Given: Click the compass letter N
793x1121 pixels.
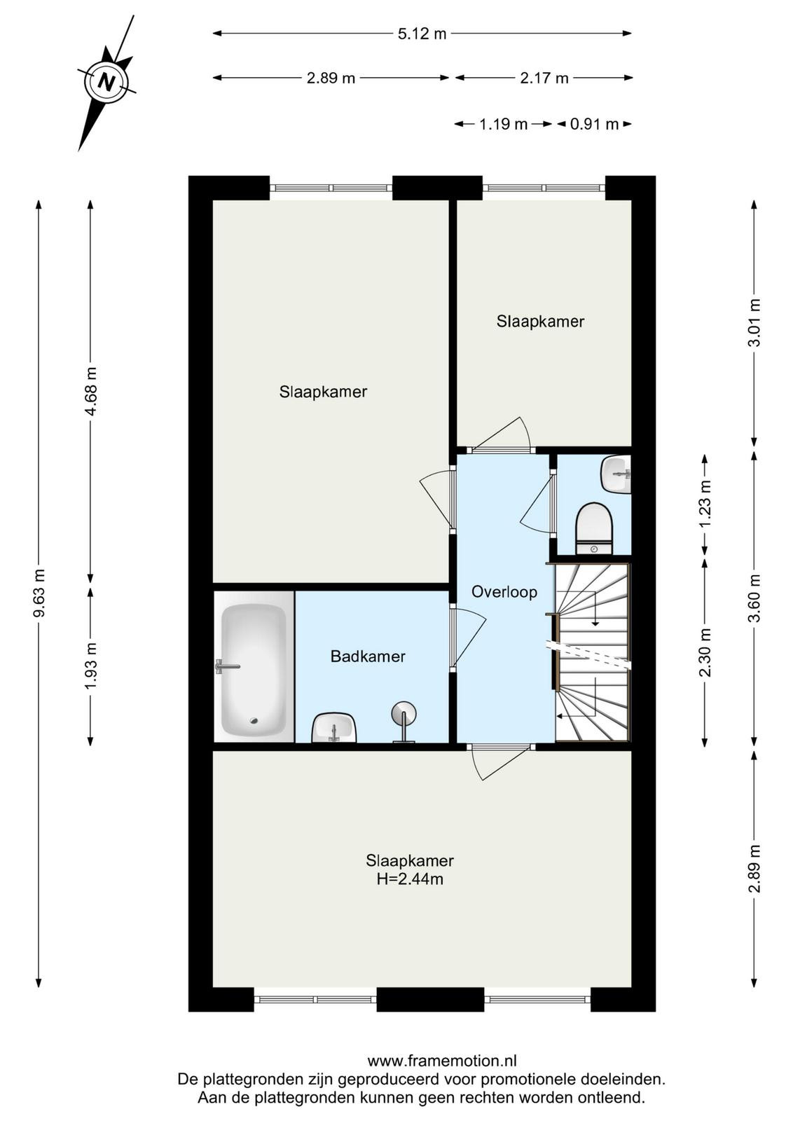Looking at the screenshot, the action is pos(106,81).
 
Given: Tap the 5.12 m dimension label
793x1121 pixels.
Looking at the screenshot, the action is pos(422,34).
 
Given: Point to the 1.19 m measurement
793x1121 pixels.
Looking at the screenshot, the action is pos(503,124).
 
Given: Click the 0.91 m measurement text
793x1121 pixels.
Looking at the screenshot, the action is pos(594,124).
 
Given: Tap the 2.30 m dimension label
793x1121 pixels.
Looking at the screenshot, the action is pos(705,652).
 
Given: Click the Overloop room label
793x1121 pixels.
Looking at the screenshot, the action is pos(504,592).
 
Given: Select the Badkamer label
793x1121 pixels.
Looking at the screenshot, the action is pos(368,656).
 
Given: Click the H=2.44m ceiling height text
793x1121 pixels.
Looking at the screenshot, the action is pos(410,879).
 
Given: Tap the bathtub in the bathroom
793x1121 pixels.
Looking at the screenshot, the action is pos(254,666).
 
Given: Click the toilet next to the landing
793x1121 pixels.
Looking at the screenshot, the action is pos(594,528).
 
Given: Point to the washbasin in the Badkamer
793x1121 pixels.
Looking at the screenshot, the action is pos(333,729).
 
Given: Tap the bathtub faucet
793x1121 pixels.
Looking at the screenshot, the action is pos(227,666).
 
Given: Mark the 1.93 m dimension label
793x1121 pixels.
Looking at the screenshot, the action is pos(90,665).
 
